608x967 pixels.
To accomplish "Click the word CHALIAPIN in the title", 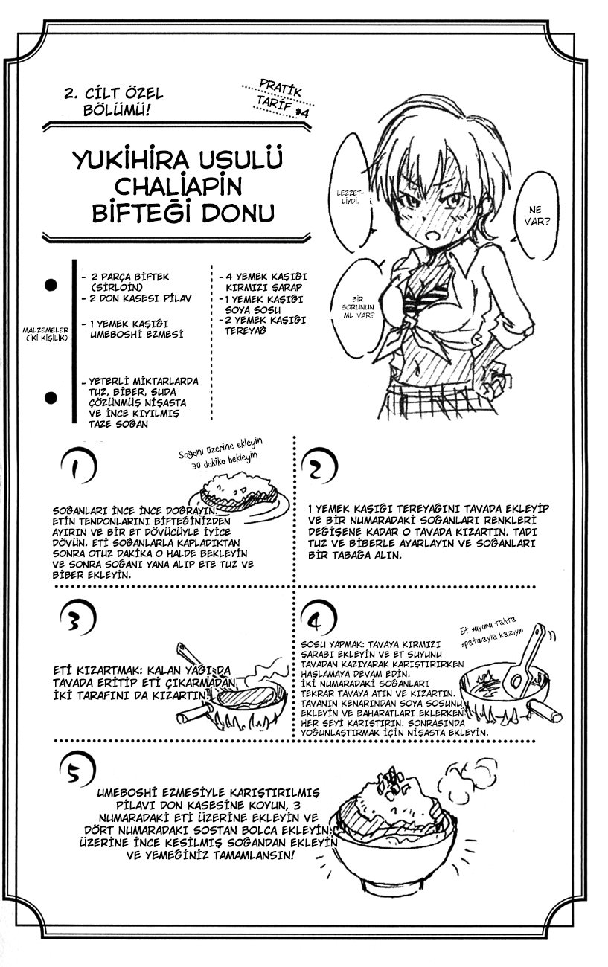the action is (177, 187).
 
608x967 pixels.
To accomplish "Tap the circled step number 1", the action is (79, 466).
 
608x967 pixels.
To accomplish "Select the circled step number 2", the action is (319, 466).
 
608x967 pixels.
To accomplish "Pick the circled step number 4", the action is (319, 618).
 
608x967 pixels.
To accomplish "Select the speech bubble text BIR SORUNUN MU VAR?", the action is (358, 307).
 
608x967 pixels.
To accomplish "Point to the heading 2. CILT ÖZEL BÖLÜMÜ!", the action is (114, 101).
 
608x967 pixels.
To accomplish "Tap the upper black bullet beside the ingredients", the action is (51, 285).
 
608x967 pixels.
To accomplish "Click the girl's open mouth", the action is (433, 237).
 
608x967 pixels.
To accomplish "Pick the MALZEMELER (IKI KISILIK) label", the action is (45, 334).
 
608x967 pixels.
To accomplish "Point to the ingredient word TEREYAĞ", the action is (246, 331).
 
